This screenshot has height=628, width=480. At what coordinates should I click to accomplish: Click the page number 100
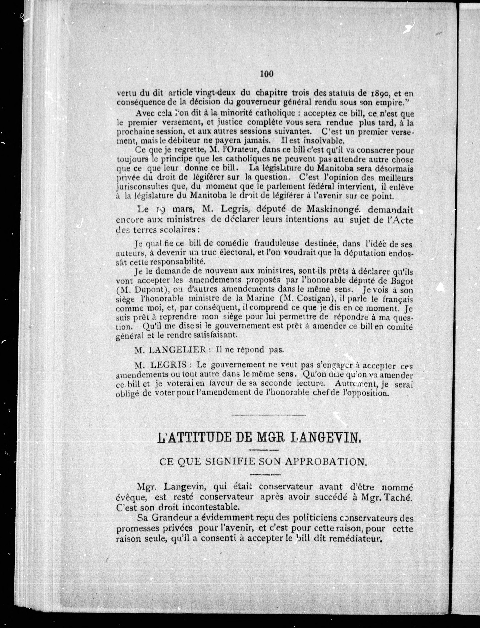(267, 74)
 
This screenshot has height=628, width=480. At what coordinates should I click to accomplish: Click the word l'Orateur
(239, 150)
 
